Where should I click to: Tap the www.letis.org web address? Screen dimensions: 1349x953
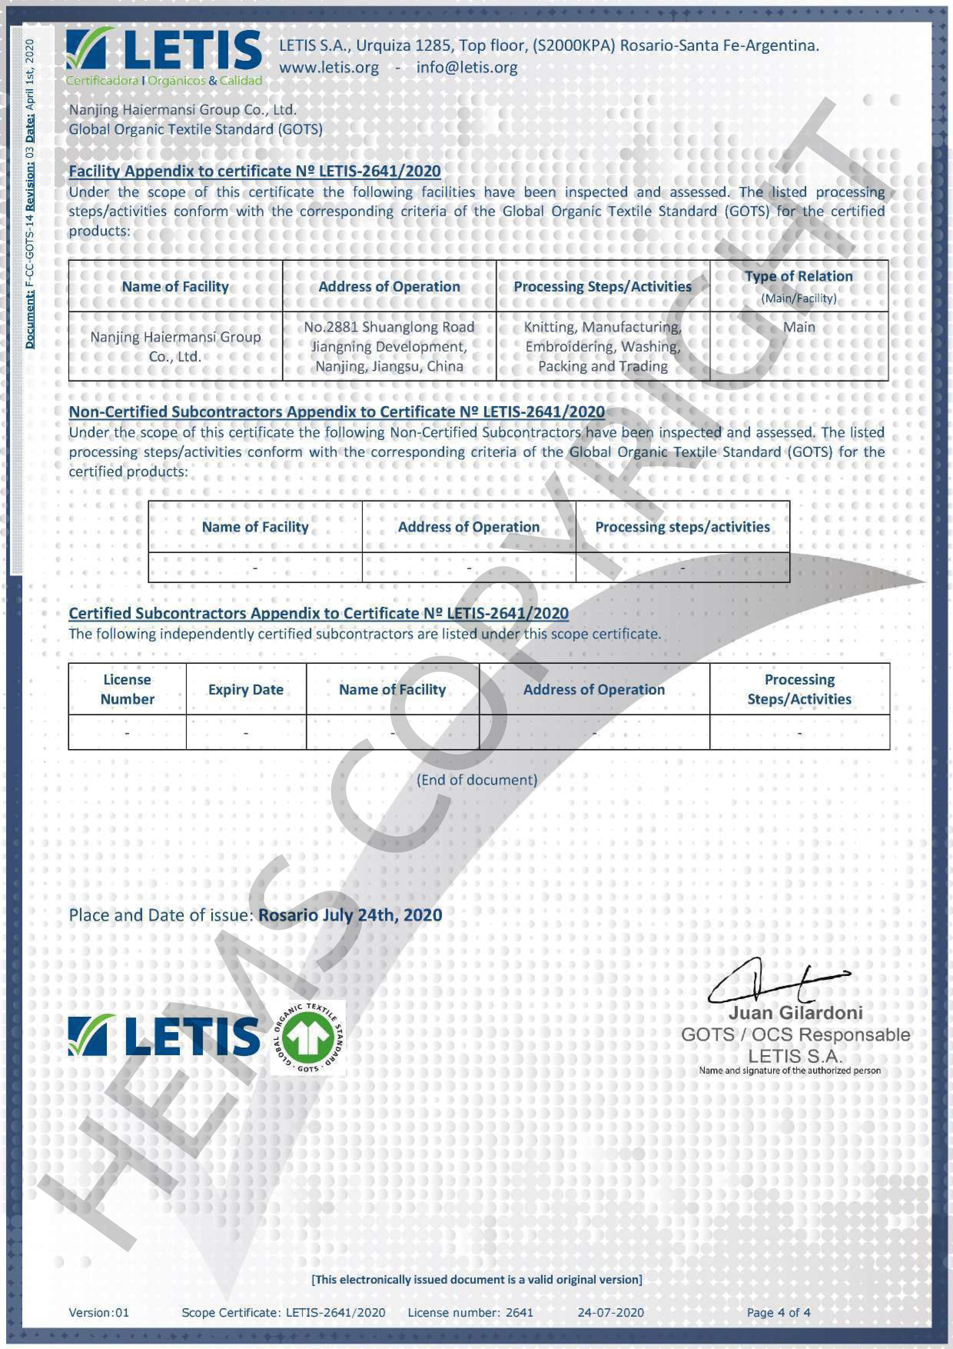pos(329,68)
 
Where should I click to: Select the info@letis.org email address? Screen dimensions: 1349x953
pos(467,68)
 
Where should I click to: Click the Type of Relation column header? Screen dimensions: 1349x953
pos(798,286)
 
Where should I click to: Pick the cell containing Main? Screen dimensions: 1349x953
pos(798,327)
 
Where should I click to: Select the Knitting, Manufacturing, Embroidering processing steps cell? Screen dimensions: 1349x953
pos(602,346)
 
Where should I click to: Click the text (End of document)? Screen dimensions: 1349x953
pos(477,779)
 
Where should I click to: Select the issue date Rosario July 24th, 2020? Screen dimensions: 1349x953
pos(350,915)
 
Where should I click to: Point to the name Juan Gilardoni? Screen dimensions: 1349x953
pos(796,1013)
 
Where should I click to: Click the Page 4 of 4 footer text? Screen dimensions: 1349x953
pos(778,1312)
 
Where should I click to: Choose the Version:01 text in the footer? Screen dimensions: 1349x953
pos(99,1312)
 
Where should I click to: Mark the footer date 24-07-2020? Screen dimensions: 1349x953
pos(611,1312)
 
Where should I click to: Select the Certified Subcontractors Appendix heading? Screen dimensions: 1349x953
pos(318,613)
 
